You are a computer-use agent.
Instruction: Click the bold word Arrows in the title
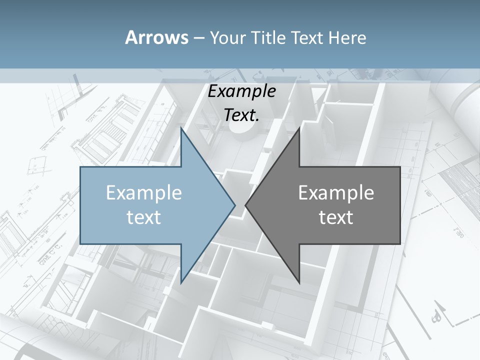[156, 37]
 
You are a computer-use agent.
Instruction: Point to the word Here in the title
[348, 37]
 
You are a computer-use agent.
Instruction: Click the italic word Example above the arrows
[242, 91]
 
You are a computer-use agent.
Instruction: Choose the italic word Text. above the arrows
[242, 115]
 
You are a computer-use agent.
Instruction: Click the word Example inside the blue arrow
[144, 192]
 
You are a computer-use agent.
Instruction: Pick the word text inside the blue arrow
[144, 217]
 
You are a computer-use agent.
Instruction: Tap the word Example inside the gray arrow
[336, 192]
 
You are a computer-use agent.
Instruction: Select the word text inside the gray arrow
[336, 217]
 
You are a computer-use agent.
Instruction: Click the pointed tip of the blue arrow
[235, 205]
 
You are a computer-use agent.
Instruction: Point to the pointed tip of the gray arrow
[245, 205]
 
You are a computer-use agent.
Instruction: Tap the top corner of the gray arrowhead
[299, 128]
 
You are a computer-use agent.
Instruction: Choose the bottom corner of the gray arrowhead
[299, 282]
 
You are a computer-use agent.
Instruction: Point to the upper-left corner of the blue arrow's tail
[80, 167]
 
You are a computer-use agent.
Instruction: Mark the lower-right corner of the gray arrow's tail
[400, 243]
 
